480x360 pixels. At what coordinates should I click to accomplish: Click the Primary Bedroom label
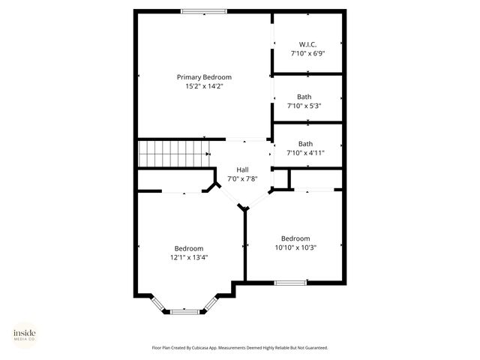click(x=204, y=77)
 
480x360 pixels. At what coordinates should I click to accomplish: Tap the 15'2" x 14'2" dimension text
click(x=204, y=86)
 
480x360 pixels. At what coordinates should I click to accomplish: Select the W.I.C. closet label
click(x=307, y=45)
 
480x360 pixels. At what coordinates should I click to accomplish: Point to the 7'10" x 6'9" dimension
click(x=307, y=54)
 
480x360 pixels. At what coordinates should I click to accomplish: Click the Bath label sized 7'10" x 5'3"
click(x=304, y=97)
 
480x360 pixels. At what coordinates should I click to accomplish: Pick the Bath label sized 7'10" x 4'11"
click(x=305, y=144)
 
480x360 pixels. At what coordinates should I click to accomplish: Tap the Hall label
click(x=242, y=169)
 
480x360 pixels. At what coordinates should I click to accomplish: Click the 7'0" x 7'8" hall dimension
click(x=242, y=178)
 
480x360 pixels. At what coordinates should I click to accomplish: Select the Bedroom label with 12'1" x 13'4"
click(x=189, y=248)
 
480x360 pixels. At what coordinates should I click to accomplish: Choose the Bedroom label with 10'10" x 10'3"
click(x=295, y=238)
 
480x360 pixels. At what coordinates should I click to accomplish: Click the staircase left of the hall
click(x=173, y=154)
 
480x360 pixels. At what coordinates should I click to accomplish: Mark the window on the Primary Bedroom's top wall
click(x=204, y=10)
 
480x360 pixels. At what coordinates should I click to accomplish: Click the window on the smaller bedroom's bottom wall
click(x=290, y=283)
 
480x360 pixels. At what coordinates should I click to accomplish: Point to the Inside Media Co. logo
click(x=25, y=334)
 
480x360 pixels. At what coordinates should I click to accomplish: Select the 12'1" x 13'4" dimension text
click(x=189, y=257)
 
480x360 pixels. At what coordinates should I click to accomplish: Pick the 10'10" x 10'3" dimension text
click(x=295, y=247)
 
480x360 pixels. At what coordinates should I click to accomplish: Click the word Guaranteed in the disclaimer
click(x=314, y=348)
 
